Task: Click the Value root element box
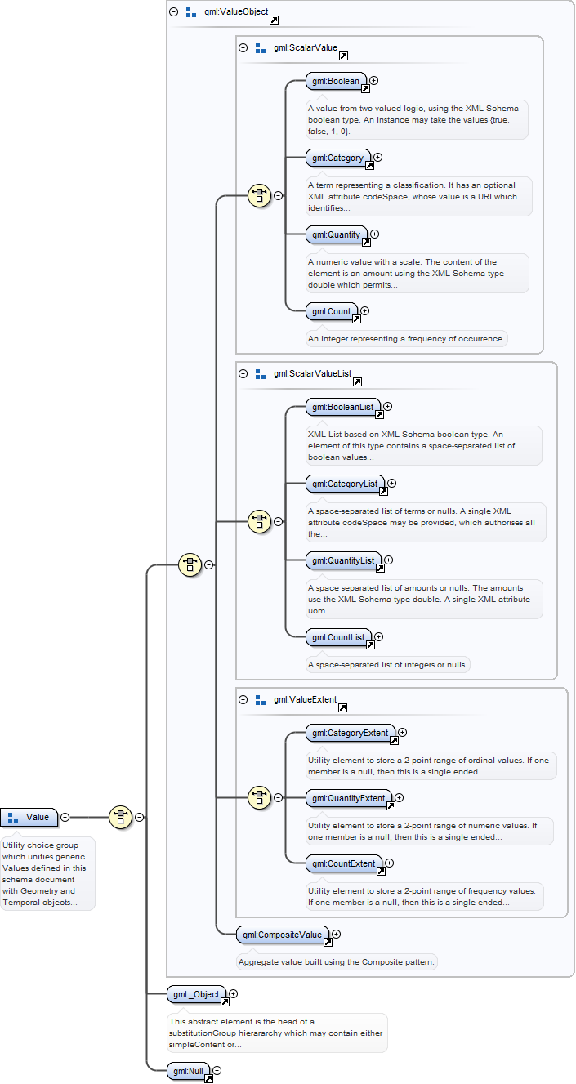point(29,817)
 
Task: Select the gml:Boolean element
point(336,82)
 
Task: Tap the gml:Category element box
point(338,158)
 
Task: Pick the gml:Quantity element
point(337,234)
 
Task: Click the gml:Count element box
point(332,312)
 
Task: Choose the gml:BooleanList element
point(343,407)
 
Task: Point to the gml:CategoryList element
point(345,484)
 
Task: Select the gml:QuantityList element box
point(344,561)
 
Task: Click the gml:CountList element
point(339,637)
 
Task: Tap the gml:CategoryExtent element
point(351,734)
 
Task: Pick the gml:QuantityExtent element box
point(349,798)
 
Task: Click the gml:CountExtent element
point(344,863)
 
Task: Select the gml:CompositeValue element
point(283,935)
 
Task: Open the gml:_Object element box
point(197,994)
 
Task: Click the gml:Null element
point(188,1071)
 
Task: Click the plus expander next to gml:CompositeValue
point(336,934)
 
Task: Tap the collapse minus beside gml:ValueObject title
point(174,12)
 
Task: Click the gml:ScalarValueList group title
point(313,373)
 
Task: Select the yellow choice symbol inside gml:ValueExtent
point(260,797)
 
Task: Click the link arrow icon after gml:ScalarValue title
point(343,56)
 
